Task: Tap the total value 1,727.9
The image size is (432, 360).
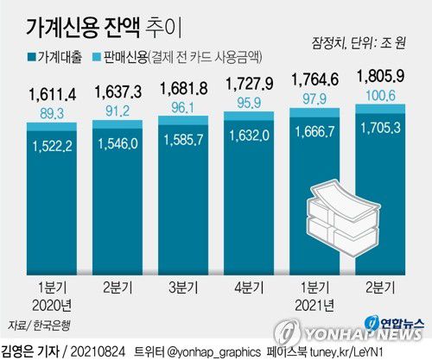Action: [x=248, y=87]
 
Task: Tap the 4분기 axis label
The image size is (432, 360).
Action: [x=248, y=287]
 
